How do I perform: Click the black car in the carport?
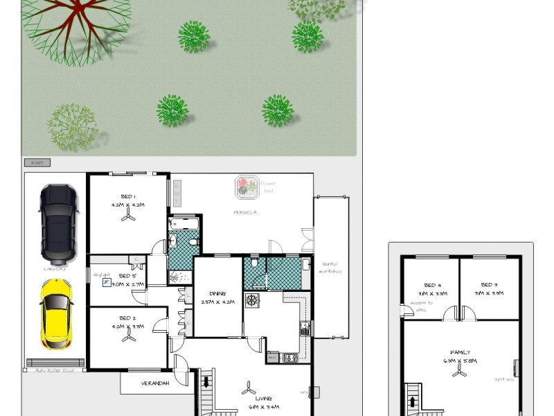[59, 222]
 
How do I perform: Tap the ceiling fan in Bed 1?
[128, 217]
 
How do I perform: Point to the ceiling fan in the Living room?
[247, 389]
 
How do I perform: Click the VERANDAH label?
[155, 383]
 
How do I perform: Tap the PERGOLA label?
[244, 212]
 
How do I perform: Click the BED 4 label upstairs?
[432, 284]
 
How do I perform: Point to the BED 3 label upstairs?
[490, 284]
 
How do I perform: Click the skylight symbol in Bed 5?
[107, 282]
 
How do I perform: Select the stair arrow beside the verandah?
[206, 382]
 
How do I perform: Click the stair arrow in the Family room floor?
[413, 402]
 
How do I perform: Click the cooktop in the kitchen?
[252, 301]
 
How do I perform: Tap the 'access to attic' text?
[420, 305]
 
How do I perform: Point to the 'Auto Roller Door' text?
[55, 370]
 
